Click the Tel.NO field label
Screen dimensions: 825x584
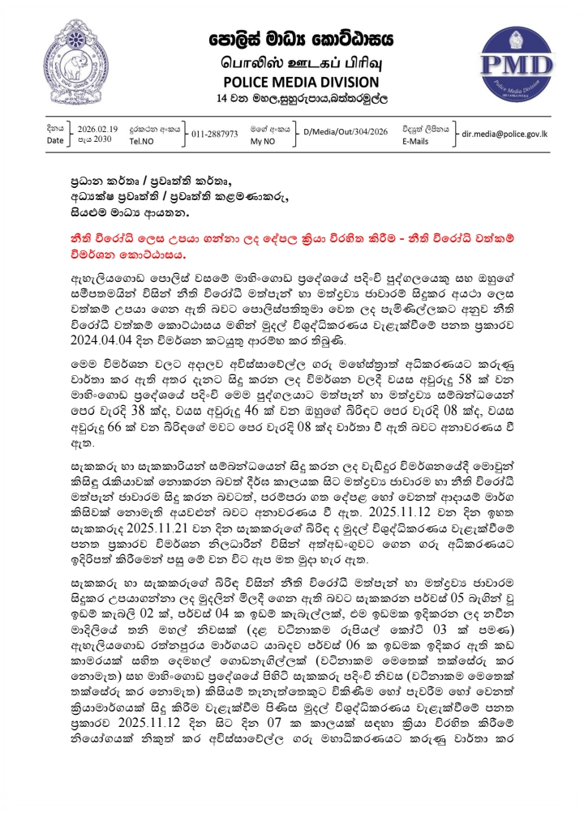[140, 140]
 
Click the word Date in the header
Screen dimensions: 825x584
[54, 140]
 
